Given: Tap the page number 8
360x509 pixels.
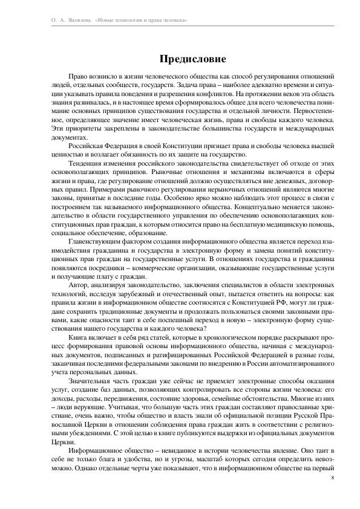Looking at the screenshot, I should pyautogui.click(x=333, y=478).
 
